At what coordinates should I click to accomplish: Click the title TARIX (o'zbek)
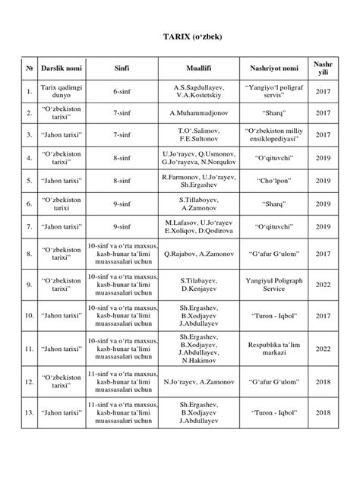pyautogui.click(x=179, y=36)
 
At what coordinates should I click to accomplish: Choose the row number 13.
pyautogui.click(x=28, y=412)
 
